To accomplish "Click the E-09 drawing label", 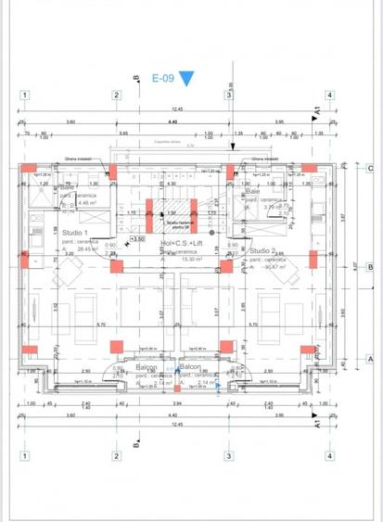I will pyautogui.click(x=162, y=79).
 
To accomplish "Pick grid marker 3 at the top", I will pyautogui.click(x=228, y=95).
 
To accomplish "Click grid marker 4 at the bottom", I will pyautogui.click(x=328, y=455).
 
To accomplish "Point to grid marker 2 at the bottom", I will pyautogui.click(x=116, y=455).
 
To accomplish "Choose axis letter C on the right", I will pyautogui.click(x=368, y=169).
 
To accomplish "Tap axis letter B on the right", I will pyautogui.click(x=368, y=266).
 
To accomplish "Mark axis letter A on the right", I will pyautogui.click(x=368, y=359).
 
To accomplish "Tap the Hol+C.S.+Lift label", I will pyautogui.click(x=182, y=244).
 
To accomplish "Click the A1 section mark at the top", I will pyautogui.click(x=317, y=109).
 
